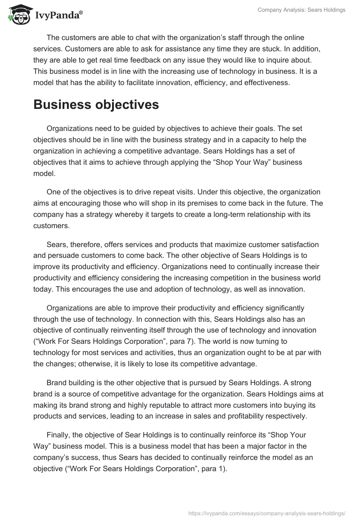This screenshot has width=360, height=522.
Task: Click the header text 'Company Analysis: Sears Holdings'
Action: [x=301, y=10]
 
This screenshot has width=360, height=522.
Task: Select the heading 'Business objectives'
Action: [x=96, y=104]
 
